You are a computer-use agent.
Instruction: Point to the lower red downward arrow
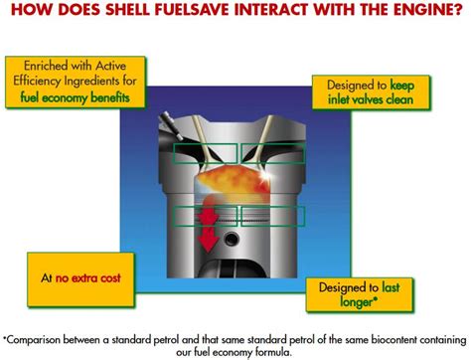click(208, 239)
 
